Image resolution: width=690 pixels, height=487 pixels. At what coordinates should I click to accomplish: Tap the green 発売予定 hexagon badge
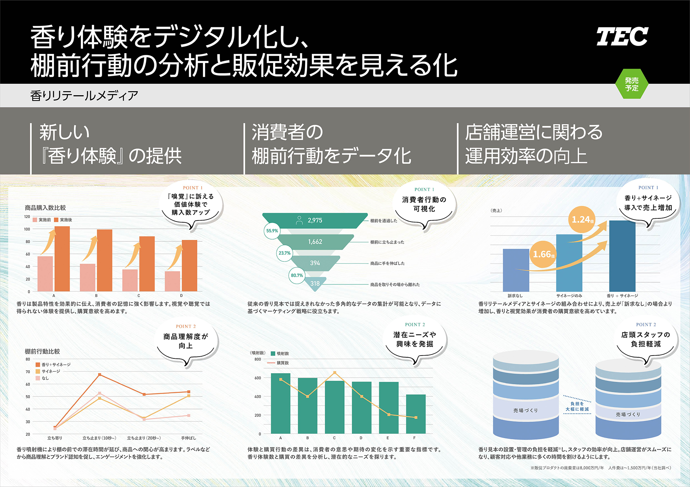coord(631,84)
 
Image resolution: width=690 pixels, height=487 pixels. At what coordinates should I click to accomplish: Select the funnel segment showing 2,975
coord(314,221)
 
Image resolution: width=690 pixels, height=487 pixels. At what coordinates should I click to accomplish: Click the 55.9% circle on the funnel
coord(272,231)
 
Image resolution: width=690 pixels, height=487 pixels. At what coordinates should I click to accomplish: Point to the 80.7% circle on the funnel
coord(297,275)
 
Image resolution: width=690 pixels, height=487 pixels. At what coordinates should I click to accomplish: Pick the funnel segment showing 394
coord(315,263)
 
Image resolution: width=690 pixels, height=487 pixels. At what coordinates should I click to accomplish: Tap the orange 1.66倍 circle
coord(543,254)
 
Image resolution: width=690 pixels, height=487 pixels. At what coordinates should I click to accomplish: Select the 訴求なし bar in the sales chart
coord(516,270)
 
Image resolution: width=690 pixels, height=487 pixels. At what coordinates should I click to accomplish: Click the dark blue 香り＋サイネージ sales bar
coord(622,256)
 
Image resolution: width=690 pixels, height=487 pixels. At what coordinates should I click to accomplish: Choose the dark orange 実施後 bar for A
coord(62,259)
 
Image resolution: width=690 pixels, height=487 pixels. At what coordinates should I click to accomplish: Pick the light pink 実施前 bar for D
coord(172,281)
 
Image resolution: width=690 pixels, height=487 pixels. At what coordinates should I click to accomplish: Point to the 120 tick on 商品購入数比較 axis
coord(27,217)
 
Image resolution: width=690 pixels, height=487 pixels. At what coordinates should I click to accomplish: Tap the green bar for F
coord(416,414)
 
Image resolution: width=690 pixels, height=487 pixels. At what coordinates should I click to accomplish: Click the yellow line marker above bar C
coord(335,373)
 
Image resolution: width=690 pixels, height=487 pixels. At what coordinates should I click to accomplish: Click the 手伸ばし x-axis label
coord(188,438)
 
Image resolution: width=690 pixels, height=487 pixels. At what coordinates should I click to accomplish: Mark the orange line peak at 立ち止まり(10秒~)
coord(100,375)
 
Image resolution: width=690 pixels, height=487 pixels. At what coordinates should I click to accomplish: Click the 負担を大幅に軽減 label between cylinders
coord(577,406)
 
